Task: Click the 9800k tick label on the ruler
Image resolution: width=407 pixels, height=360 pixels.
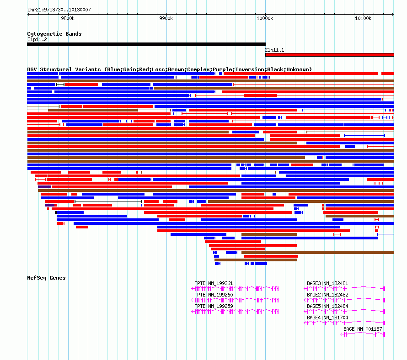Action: [67, 18]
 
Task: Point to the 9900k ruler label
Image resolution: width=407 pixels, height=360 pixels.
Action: [166, 18]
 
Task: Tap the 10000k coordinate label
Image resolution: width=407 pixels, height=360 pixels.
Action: [264, 18]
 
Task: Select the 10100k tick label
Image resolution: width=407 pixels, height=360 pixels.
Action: [363, 18]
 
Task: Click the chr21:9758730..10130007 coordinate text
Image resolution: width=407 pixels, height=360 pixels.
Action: [59, 10]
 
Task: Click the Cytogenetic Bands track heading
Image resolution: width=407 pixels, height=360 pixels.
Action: [54, 34]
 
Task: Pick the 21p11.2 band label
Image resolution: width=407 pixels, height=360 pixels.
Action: [37, 39]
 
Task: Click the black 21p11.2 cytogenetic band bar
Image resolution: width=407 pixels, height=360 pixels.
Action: [146, 44]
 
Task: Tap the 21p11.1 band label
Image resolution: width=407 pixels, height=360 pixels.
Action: [274, 50]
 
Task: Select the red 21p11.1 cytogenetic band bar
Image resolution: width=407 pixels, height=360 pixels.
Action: [329, 55]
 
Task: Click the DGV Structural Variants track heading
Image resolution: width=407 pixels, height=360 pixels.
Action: [169, 69]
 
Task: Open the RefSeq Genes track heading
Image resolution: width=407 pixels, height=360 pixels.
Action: [46, 278]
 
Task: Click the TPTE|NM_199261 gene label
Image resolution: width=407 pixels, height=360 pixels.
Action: [214, 283]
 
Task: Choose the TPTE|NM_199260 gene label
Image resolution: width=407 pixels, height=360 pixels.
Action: [214, 295]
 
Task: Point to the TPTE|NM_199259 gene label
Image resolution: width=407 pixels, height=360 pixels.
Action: [214, 306]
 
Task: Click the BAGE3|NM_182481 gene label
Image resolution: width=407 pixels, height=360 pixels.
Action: [327, 283]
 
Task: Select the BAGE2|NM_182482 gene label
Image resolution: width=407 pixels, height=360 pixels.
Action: [327, 295]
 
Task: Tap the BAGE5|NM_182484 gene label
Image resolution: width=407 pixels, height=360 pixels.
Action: [327, 306]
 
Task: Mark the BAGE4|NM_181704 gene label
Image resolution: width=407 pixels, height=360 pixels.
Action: [327, 318]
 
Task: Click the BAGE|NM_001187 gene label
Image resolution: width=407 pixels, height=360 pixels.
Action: [363, 329]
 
